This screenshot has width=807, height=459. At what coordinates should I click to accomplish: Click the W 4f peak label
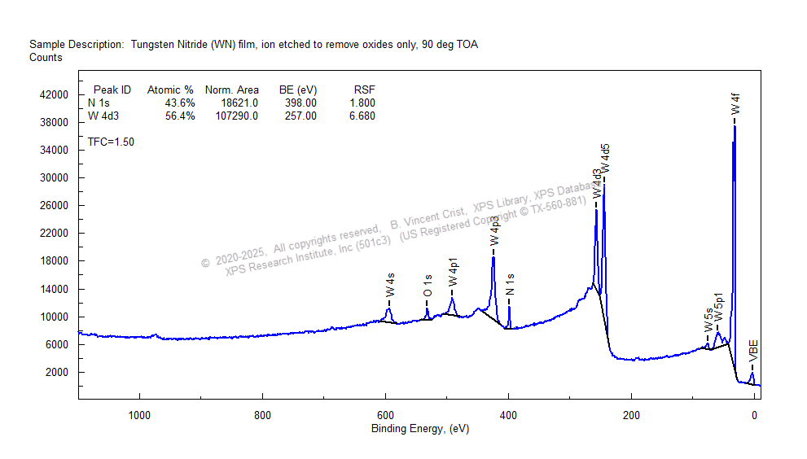[735, 104]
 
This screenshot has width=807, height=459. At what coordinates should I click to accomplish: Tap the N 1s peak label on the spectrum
[510, 286]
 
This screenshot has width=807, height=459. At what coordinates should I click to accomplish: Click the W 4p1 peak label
[453, 271]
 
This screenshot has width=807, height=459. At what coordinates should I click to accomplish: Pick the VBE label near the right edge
[753, 352]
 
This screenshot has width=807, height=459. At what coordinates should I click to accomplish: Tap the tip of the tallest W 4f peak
[735, 126]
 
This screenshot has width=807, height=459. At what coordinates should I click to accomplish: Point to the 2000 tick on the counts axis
[62, 372]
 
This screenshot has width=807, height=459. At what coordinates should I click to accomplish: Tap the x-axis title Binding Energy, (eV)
[420, 429]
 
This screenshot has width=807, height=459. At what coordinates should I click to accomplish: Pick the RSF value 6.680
[361, 116]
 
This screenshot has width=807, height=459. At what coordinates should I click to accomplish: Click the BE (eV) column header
[297, 90]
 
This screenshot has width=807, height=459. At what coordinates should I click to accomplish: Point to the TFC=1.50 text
[111, 142]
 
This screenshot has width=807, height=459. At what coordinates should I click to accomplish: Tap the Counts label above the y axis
[46, 58]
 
